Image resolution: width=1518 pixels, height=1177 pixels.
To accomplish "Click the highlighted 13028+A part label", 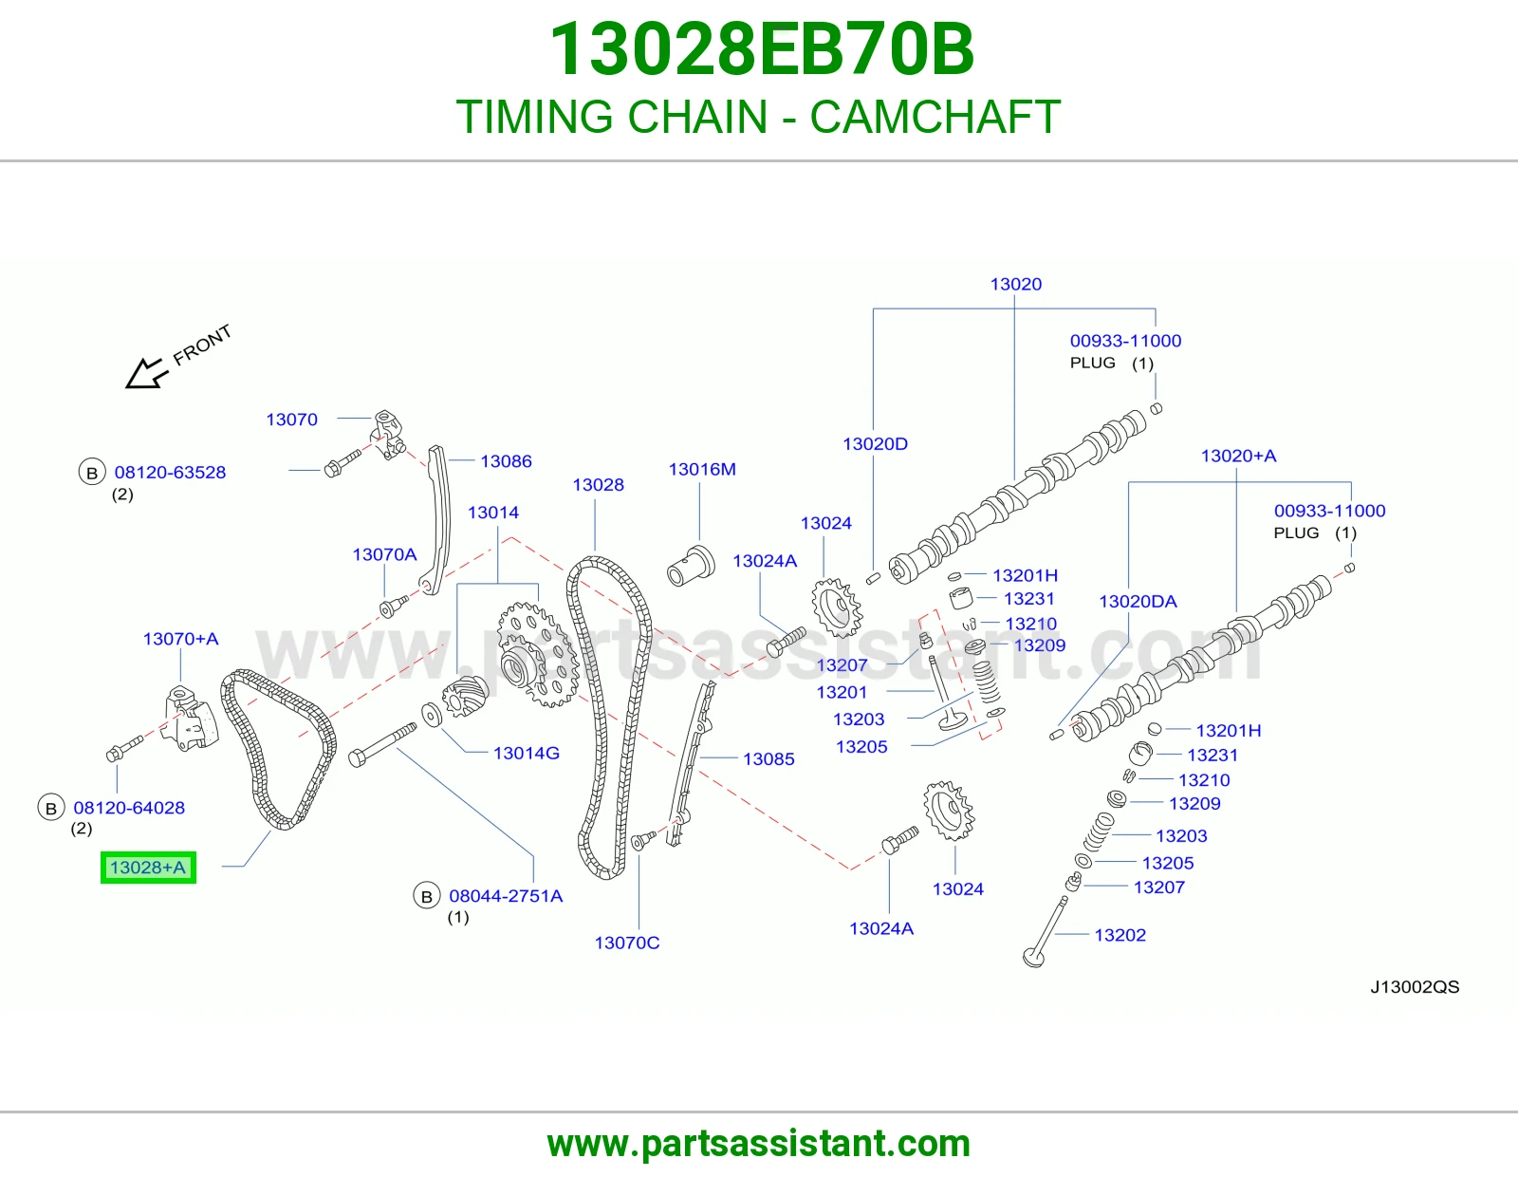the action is (x=148, y=868).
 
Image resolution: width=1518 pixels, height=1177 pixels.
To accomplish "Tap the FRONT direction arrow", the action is (x=147, y=373).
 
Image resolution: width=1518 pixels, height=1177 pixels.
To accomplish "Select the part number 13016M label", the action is (x=702, y=469).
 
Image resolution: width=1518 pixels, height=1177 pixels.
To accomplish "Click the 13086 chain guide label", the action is (x=506, y=461).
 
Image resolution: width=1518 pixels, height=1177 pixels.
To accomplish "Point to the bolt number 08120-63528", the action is (x=170, y=473).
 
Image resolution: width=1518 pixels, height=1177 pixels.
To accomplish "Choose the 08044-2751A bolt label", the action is (x=506, y=896).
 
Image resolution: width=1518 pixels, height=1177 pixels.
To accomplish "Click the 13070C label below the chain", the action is (x=626, y=943).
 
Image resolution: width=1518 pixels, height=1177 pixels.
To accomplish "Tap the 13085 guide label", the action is (x=768, y=759).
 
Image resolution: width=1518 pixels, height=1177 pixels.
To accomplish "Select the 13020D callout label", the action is (x=875, y=444).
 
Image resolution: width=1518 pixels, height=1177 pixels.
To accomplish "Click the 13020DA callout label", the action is (x=1138, y=601).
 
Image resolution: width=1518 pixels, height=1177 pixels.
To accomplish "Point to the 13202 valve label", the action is (x=1120, y=935).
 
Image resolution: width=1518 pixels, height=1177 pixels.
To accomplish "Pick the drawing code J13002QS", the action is (x=1415, y=987).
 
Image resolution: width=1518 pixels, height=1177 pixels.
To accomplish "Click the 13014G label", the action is (x=526, y=753).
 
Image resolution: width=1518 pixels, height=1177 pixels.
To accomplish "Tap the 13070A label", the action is (x=384, y=554).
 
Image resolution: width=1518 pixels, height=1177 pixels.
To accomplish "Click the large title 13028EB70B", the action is (x=761, y=49).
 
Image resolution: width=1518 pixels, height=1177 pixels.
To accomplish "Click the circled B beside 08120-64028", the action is (x=51, y=808).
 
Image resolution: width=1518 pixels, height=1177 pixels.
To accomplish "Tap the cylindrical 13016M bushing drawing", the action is (x=691, y=566).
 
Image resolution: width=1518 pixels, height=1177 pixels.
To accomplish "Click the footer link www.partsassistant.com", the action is (x=759, y=1144).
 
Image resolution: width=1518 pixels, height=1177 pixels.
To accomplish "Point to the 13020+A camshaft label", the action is (x=1238, y=456).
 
